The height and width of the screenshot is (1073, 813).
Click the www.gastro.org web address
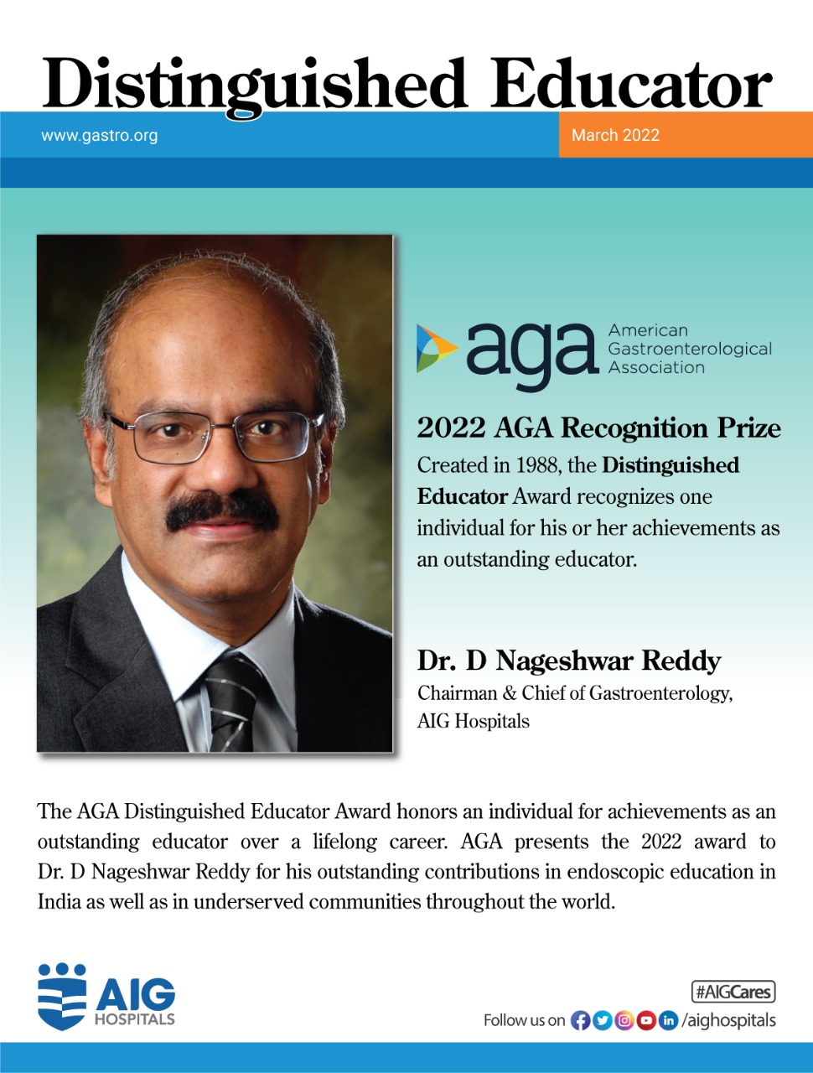click(99, 135)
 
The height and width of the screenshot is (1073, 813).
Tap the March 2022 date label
click(615, 135)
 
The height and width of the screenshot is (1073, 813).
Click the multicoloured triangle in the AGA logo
click(435, 348)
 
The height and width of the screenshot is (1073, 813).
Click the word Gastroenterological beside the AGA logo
click(690, 349)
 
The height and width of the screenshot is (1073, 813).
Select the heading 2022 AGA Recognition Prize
click(598, 428)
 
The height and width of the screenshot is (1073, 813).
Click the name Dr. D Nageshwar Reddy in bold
click(569, 661)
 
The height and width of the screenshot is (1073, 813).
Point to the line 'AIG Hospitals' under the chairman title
click(474, 721)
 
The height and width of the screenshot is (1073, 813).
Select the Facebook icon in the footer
click(580, 1020)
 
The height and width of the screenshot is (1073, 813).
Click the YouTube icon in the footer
click(646, 1020)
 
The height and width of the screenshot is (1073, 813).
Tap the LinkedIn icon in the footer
click(668, 1020)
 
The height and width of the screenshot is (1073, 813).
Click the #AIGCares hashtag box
click(733, 992)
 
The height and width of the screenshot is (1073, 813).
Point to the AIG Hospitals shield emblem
click(62, 997)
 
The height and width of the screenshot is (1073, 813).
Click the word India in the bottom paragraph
click(59, 902)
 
